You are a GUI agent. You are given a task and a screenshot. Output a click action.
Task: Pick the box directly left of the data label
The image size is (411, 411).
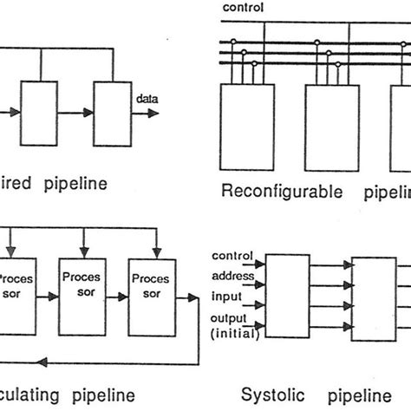click(x=110, y=113)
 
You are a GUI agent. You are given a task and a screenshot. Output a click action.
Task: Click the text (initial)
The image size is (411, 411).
click(x=231, y=334)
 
